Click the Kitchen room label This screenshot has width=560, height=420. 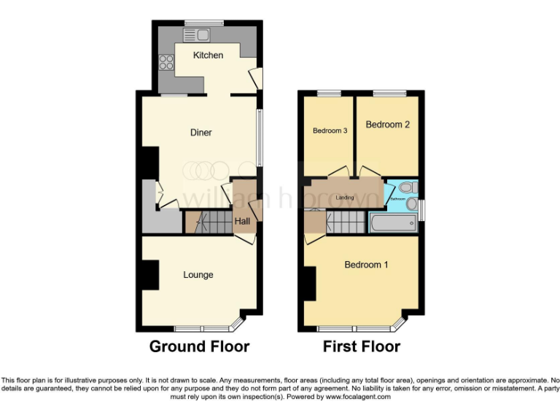point(208,55)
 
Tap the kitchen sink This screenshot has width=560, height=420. point(196,34)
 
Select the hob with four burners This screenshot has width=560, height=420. point(166,63)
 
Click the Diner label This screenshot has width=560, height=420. point(201,133)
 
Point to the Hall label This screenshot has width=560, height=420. point(243,222)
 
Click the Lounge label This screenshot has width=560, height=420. point(198,275)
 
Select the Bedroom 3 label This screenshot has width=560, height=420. point(330,131)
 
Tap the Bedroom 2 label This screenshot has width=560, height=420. point(387,125)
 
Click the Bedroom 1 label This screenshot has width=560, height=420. point(366,265)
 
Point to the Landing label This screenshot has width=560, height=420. point(345,198)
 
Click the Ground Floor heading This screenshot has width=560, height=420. point(199,347)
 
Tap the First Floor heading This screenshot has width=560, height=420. point(362,347)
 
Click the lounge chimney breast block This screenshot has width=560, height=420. point(150,276)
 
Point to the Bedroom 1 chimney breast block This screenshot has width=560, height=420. point(310,284)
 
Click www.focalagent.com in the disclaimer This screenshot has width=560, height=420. point(358,397)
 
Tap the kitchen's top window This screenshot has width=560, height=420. point(203,22)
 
